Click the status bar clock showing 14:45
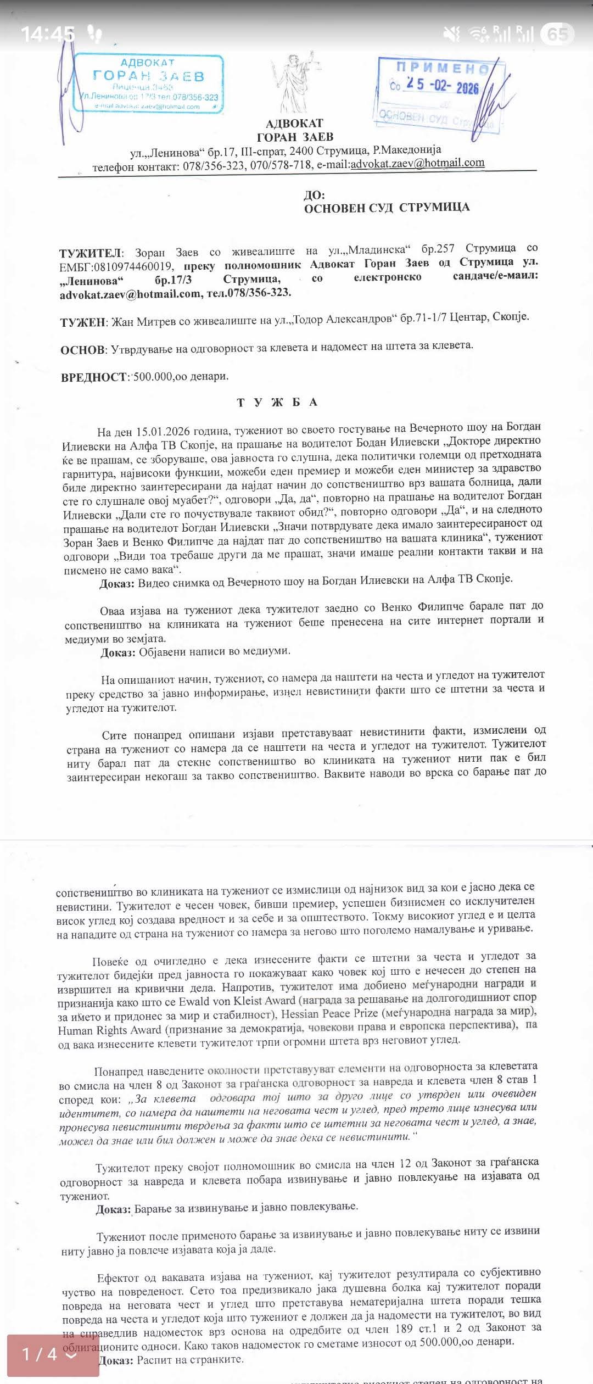(x=47, y=34)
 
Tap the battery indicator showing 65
(x=557, y=34)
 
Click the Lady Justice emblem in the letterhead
(x=294, y=82)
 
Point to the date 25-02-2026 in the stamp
(x=442, y=86)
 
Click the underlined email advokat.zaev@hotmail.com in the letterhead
(x=417, y=163)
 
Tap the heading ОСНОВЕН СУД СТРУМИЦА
(x=387, y=208)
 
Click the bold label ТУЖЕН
(x=83, y=322)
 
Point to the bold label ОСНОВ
(x=82, y=350)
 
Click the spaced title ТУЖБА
(x=277, y=403)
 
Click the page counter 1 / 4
(x=49, y=1354)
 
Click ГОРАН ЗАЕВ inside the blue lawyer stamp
(x=148, y=76)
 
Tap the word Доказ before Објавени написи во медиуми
(x=118, y=652)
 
